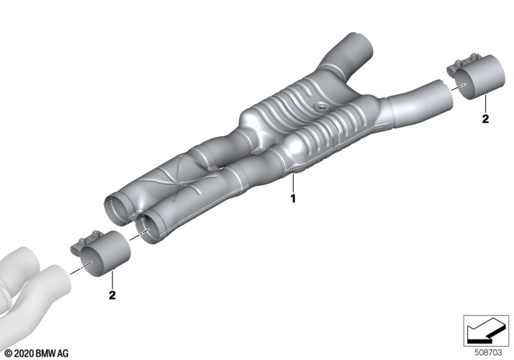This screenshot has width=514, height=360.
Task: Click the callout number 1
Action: pos(293,199)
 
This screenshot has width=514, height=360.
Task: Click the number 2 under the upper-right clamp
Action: pos(486,119)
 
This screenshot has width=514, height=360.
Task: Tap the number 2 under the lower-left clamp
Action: pos(112,295)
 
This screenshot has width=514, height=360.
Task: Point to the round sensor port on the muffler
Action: pos(319,106)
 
